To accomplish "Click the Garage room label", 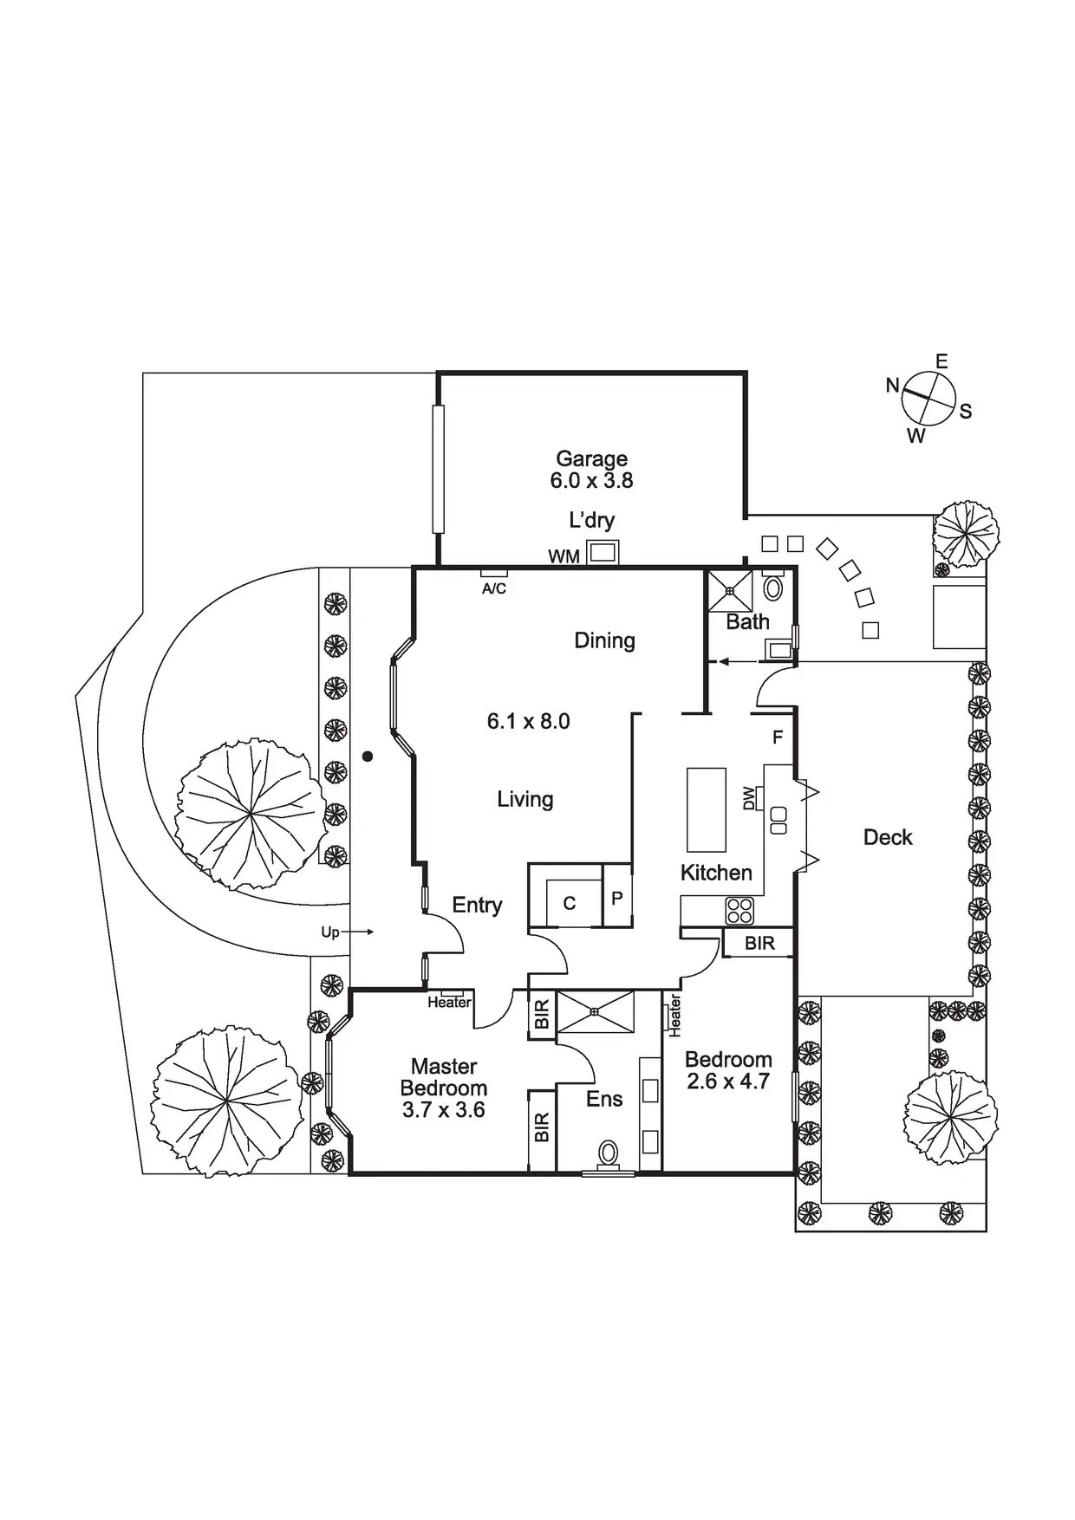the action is point(591,458).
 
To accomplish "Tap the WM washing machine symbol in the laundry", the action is point(603,551).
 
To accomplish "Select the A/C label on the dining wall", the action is point(494,588).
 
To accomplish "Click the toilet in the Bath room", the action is point(772,588).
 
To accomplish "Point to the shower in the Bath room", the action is point(730,591).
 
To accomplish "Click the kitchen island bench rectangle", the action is point(707,810).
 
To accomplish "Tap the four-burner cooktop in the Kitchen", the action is point(739,910).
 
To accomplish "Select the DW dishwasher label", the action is point(749,798).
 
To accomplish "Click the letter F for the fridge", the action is point(778,737).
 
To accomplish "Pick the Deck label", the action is point(888,837).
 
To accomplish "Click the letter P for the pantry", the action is point(617,898).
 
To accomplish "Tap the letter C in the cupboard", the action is point(570,904).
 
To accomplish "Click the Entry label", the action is point(477,905).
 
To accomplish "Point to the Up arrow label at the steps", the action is point(330,932).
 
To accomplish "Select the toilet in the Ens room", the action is point(609,1153).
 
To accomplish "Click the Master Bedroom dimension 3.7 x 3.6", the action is point(443,1110).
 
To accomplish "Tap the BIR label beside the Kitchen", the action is point(759,943).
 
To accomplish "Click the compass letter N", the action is point(892,386).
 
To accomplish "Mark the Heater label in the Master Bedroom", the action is point(449,1003).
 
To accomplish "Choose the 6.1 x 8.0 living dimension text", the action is point(528,721).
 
